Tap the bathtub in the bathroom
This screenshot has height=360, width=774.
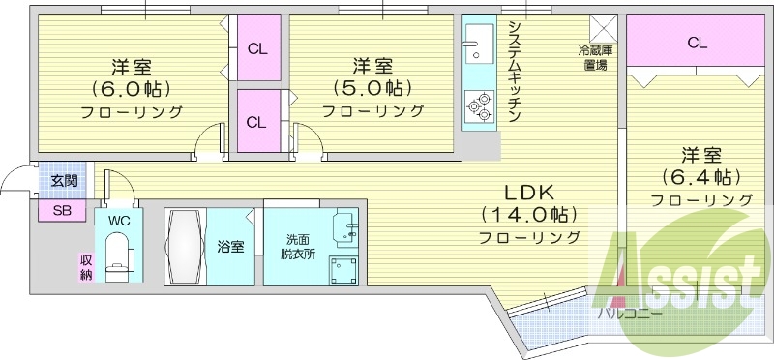point(185,247)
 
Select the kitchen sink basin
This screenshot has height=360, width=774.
point(479,44)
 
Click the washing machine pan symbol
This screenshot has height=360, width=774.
point(343,271)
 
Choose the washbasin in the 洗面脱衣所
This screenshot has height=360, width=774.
point(346,228)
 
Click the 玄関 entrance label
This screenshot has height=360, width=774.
point(64,181)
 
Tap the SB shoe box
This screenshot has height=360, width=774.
point(62,211)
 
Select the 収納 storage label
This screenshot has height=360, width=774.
point(86,267)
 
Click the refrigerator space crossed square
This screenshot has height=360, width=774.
point(603,29)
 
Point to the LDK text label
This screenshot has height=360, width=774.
point(529,192)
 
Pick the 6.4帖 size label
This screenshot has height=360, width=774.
point(702,176)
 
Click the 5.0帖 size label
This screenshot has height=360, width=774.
point(372,88)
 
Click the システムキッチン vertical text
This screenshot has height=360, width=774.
point(515,71)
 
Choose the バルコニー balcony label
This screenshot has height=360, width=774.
point(629,315)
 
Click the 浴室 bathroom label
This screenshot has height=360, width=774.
point(230,247)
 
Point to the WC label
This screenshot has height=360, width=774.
point(118,221)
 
